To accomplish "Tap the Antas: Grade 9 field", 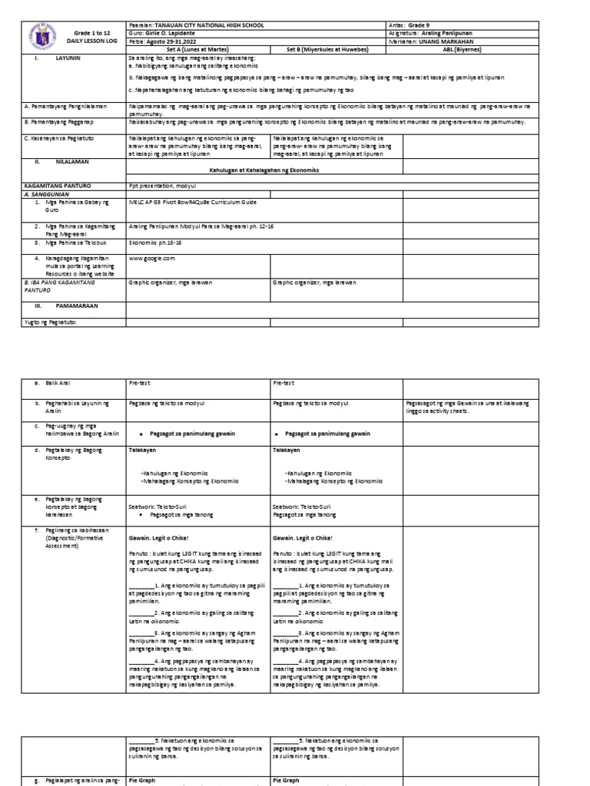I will (419, 25).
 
